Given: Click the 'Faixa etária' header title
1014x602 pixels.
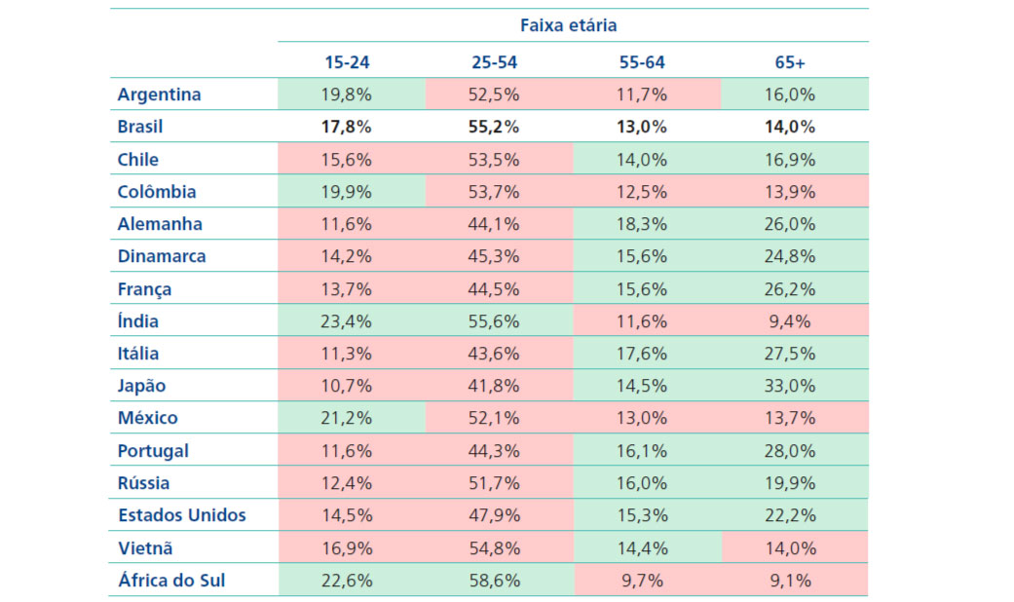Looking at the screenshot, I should (x=573, y=25).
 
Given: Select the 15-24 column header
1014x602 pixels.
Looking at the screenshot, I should (x=349, y=61).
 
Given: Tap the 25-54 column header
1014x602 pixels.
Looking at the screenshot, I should (x=495, y=61).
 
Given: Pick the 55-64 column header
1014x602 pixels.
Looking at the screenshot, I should (x=642, y=61).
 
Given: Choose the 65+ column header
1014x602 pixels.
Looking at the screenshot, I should (x=790, y=61).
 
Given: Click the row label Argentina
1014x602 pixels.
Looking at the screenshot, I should (x=159, y=94).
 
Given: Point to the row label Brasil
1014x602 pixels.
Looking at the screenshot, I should (x=140, y=127).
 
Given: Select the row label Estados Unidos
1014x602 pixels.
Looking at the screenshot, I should (x=181, y=515).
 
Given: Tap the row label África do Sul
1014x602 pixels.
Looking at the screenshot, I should (x=173, y=581).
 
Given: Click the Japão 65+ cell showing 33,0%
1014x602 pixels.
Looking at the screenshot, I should (x=790, y=386).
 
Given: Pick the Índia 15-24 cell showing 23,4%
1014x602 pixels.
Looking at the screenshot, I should (x=349, y=321).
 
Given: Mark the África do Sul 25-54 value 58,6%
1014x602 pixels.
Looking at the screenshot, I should (x=495, y=581).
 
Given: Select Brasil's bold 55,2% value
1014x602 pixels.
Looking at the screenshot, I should (x=495, y=127).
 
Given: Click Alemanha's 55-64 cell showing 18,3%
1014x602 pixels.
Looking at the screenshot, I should (x=642, y=224).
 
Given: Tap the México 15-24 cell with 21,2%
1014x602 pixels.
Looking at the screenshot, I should (x=349, y=418).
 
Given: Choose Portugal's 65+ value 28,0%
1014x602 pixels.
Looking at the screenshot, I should (x=790, y=451).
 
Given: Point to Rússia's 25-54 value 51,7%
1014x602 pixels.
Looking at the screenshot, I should (x=495, y=483).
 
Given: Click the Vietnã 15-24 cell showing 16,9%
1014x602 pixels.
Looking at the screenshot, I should (x=349, y=547).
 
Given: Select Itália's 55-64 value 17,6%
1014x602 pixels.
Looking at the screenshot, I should (x=642, y=354).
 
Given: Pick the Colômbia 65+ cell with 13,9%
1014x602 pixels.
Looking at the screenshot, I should (x=790, y=192).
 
